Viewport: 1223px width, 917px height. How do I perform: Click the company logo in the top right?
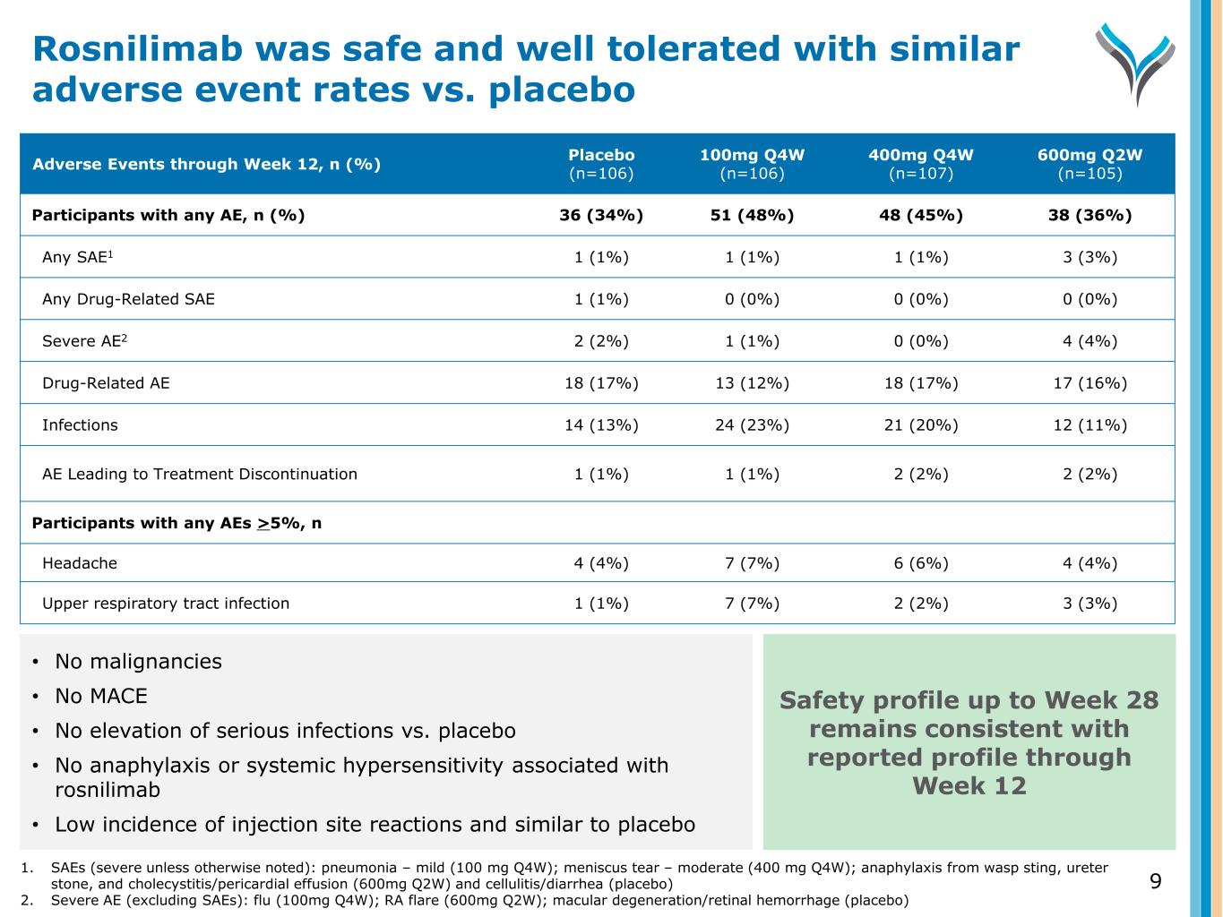[x=1134, y=63]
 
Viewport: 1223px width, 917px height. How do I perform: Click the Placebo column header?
[x=601, y=164]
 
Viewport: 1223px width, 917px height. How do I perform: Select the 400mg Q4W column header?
[x=920, y=164]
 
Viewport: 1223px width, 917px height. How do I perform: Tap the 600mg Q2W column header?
[x=1090, y=164]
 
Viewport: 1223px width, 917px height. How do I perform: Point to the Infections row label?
[x=80, y=425]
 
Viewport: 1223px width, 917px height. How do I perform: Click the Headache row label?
[x=80, y=563]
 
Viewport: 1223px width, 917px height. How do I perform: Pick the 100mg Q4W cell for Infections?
[x=752, y=425]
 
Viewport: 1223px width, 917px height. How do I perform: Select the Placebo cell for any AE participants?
[x=601, y=216]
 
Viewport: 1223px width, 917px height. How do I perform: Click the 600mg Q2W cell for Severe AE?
[x=1090, y=341]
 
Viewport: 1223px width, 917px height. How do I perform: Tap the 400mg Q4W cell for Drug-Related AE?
[x=920, y=383]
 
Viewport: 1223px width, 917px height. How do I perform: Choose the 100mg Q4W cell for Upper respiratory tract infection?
[x=752, y=604]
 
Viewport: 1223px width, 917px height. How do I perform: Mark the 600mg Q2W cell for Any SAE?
[x=1090, y=258]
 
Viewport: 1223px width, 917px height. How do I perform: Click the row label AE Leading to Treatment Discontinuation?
[x=200, y=475]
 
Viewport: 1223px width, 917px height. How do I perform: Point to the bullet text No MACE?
[x=101, y=697]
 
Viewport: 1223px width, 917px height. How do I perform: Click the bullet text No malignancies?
[x=138, y=662]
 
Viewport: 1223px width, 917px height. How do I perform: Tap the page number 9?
[x=1155, y=882]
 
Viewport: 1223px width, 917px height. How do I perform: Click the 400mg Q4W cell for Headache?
[x=920, y=563]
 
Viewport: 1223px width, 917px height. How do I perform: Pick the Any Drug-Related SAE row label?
[x=128, y=299]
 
